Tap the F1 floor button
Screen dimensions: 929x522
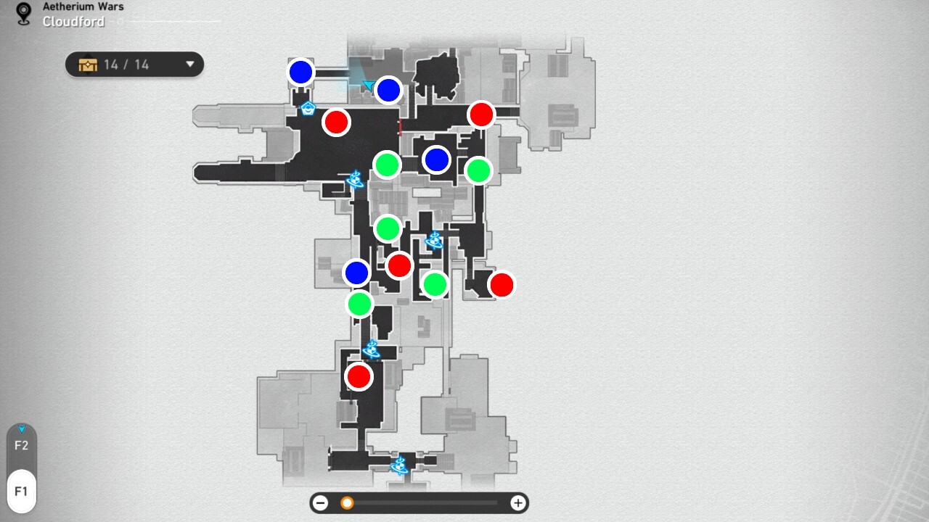point(22,492)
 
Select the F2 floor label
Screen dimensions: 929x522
point(22,446)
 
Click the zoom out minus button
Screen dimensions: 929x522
point(320,503)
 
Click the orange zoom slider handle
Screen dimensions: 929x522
point(347,503)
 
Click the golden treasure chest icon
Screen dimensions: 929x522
point(88,65)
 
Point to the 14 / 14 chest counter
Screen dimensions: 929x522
point(126,65)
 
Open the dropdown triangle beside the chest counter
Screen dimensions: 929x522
point(190,65)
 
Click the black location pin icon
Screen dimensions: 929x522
point(24,14)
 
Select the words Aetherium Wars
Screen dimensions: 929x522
point(83,7)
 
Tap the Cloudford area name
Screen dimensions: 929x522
point(73,22)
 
